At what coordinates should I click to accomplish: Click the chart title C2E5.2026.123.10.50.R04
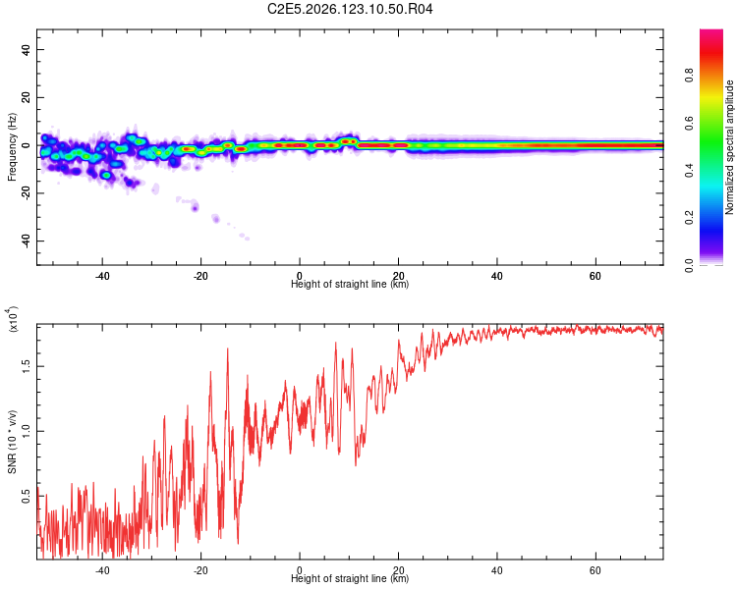click(350, 9)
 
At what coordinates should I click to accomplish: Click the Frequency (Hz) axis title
click(12, 147)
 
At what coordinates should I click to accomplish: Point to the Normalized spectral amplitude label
click(729, 147)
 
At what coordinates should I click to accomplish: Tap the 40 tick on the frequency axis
click(26, 49)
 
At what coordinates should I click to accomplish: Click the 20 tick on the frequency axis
click(26, 97)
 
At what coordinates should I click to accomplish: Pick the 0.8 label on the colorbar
click(689, 76)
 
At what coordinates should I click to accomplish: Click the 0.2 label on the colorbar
click(689, 218)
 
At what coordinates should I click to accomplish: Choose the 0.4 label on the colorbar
click(689, 170)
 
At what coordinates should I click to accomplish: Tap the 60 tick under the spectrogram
click(595, 276)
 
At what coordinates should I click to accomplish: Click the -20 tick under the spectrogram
click(199, 276)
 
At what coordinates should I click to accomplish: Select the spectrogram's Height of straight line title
click(350, 284)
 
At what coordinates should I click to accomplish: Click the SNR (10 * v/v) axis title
click(12, 442)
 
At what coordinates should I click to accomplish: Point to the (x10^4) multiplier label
click(12, 319)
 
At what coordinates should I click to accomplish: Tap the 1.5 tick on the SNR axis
click(26, 366)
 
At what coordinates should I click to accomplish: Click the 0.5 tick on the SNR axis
click(26, 496)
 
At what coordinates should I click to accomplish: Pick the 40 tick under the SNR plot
click(496, 570)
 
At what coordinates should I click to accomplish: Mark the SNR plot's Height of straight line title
click(350, 578)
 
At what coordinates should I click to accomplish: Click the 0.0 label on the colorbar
click(689, 265)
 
